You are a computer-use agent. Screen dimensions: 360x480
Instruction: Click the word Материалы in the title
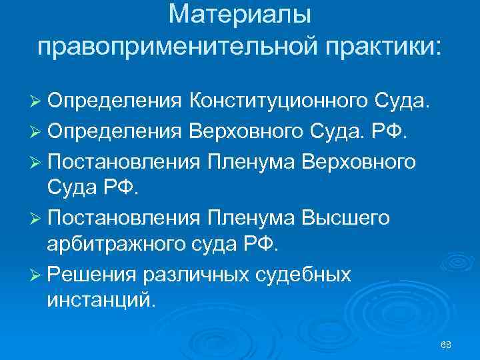click(239, 14)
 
